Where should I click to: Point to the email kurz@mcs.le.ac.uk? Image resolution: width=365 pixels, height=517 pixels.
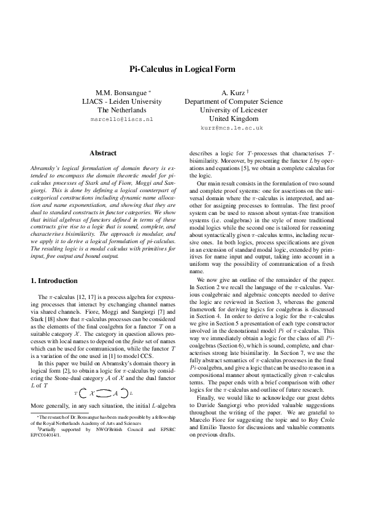pos(231,128)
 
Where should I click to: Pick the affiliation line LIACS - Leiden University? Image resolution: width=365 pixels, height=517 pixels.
pos(121,101)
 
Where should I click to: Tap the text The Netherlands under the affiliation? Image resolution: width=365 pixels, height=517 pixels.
pos(121,110)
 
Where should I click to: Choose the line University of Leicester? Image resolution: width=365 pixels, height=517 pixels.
pos(231,110)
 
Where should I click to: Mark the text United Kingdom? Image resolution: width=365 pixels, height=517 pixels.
pos(231,119)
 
